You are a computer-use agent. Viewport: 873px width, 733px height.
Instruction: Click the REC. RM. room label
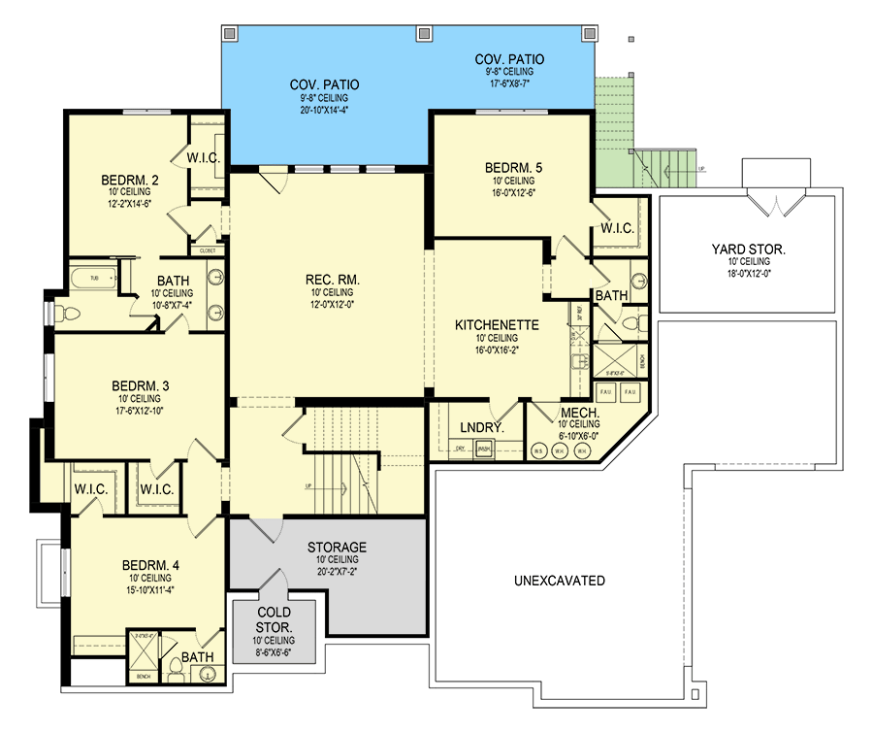click(x=332, y=280)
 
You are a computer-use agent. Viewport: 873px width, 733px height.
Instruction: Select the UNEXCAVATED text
click(x=560, y=581)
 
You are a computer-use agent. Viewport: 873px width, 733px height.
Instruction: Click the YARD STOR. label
click(x=747, y=250)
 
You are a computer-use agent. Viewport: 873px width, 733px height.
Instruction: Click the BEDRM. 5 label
click(x=513, y=168)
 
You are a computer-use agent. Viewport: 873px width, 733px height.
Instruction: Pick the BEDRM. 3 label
click(x=141, y=385)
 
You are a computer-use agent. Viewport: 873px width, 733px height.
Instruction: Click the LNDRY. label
click(x=477, y=426)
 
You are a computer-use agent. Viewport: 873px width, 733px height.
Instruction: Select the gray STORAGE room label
click(x=337, y=548)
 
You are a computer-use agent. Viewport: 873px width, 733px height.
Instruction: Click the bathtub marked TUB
click(x=94, y=279)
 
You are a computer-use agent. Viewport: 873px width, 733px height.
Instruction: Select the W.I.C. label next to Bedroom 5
click(x=618, y=229)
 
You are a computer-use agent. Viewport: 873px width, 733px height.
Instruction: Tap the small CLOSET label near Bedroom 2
click(x=208, y=250)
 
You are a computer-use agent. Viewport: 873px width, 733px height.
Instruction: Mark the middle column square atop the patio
click(x=423, y=33)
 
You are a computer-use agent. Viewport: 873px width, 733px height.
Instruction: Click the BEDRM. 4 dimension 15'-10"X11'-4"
click(x=148, y=588)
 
